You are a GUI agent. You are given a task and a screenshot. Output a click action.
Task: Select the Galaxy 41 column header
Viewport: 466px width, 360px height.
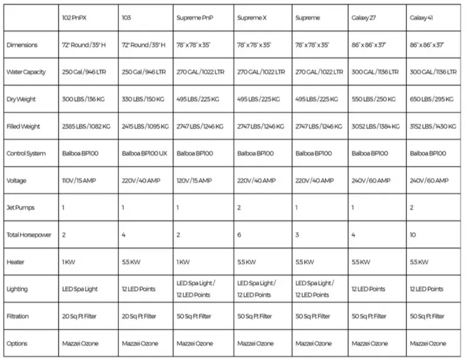click(x=423, y=18)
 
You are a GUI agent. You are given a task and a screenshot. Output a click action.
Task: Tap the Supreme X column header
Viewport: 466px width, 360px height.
click(x=252, y=18)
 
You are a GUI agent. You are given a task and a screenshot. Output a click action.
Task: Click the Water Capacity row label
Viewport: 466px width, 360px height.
click(x=26, y=72)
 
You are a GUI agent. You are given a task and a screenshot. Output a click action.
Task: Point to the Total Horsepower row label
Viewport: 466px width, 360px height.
click(x=28, y=235)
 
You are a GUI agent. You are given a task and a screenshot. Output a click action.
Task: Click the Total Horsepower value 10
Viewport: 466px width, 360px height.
click(x=413, y=235)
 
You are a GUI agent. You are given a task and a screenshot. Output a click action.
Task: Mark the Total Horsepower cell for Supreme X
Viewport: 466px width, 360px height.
click(x=240, y=235)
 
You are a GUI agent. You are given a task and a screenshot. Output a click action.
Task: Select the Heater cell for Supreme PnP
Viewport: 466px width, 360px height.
click(x=184, y=262)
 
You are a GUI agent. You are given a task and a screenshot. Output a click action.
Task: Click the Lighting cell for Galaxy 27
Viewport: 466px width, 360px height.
click(x=368, y=289)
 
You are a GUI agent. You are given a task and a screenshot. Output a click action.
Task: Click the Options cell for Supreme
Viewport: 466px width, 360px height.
click(x=313, y=344)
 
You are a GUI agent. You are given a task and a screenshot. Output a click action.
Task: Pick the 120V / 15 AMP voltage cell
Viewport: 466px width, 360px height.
click(x=194, y=180)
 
